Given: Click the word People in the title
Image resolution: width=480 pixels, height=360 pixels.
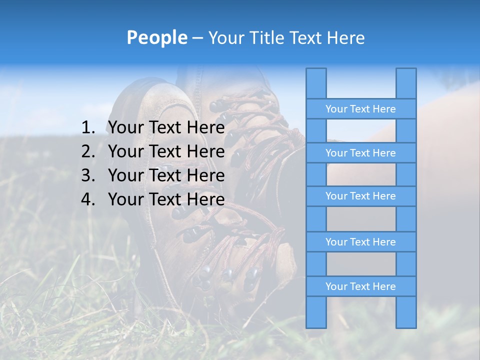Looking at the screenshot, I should (156, 37).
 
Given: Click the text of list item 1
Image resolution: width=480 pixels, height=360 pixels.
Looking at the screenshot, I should (166, 128).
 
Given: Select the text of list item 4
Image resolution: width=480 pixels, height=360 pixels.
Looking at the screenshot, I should (166, 199).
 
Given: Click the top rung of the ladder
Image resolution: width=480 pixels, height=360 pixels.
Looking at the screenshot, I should (360, 109).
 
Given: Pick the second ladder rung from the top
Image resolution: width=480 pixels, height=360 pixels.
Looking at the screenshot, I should (360, 153).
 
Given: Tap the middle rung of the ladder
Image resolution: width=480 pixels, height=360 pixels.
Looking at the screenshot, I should (360, 196).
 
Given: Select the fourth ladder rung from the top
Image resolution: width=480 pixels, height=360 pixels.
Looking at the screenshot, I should (360, 242).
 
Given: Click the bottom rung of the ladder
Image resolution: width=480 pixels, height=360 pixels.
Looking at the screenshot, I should (360, 286).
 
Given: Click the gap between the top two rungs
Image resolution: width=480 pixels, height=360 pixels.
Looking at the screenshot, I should (360, 130).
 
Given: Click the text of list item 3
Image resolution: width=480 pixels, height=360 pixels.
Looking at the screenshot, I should (166, 175).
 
